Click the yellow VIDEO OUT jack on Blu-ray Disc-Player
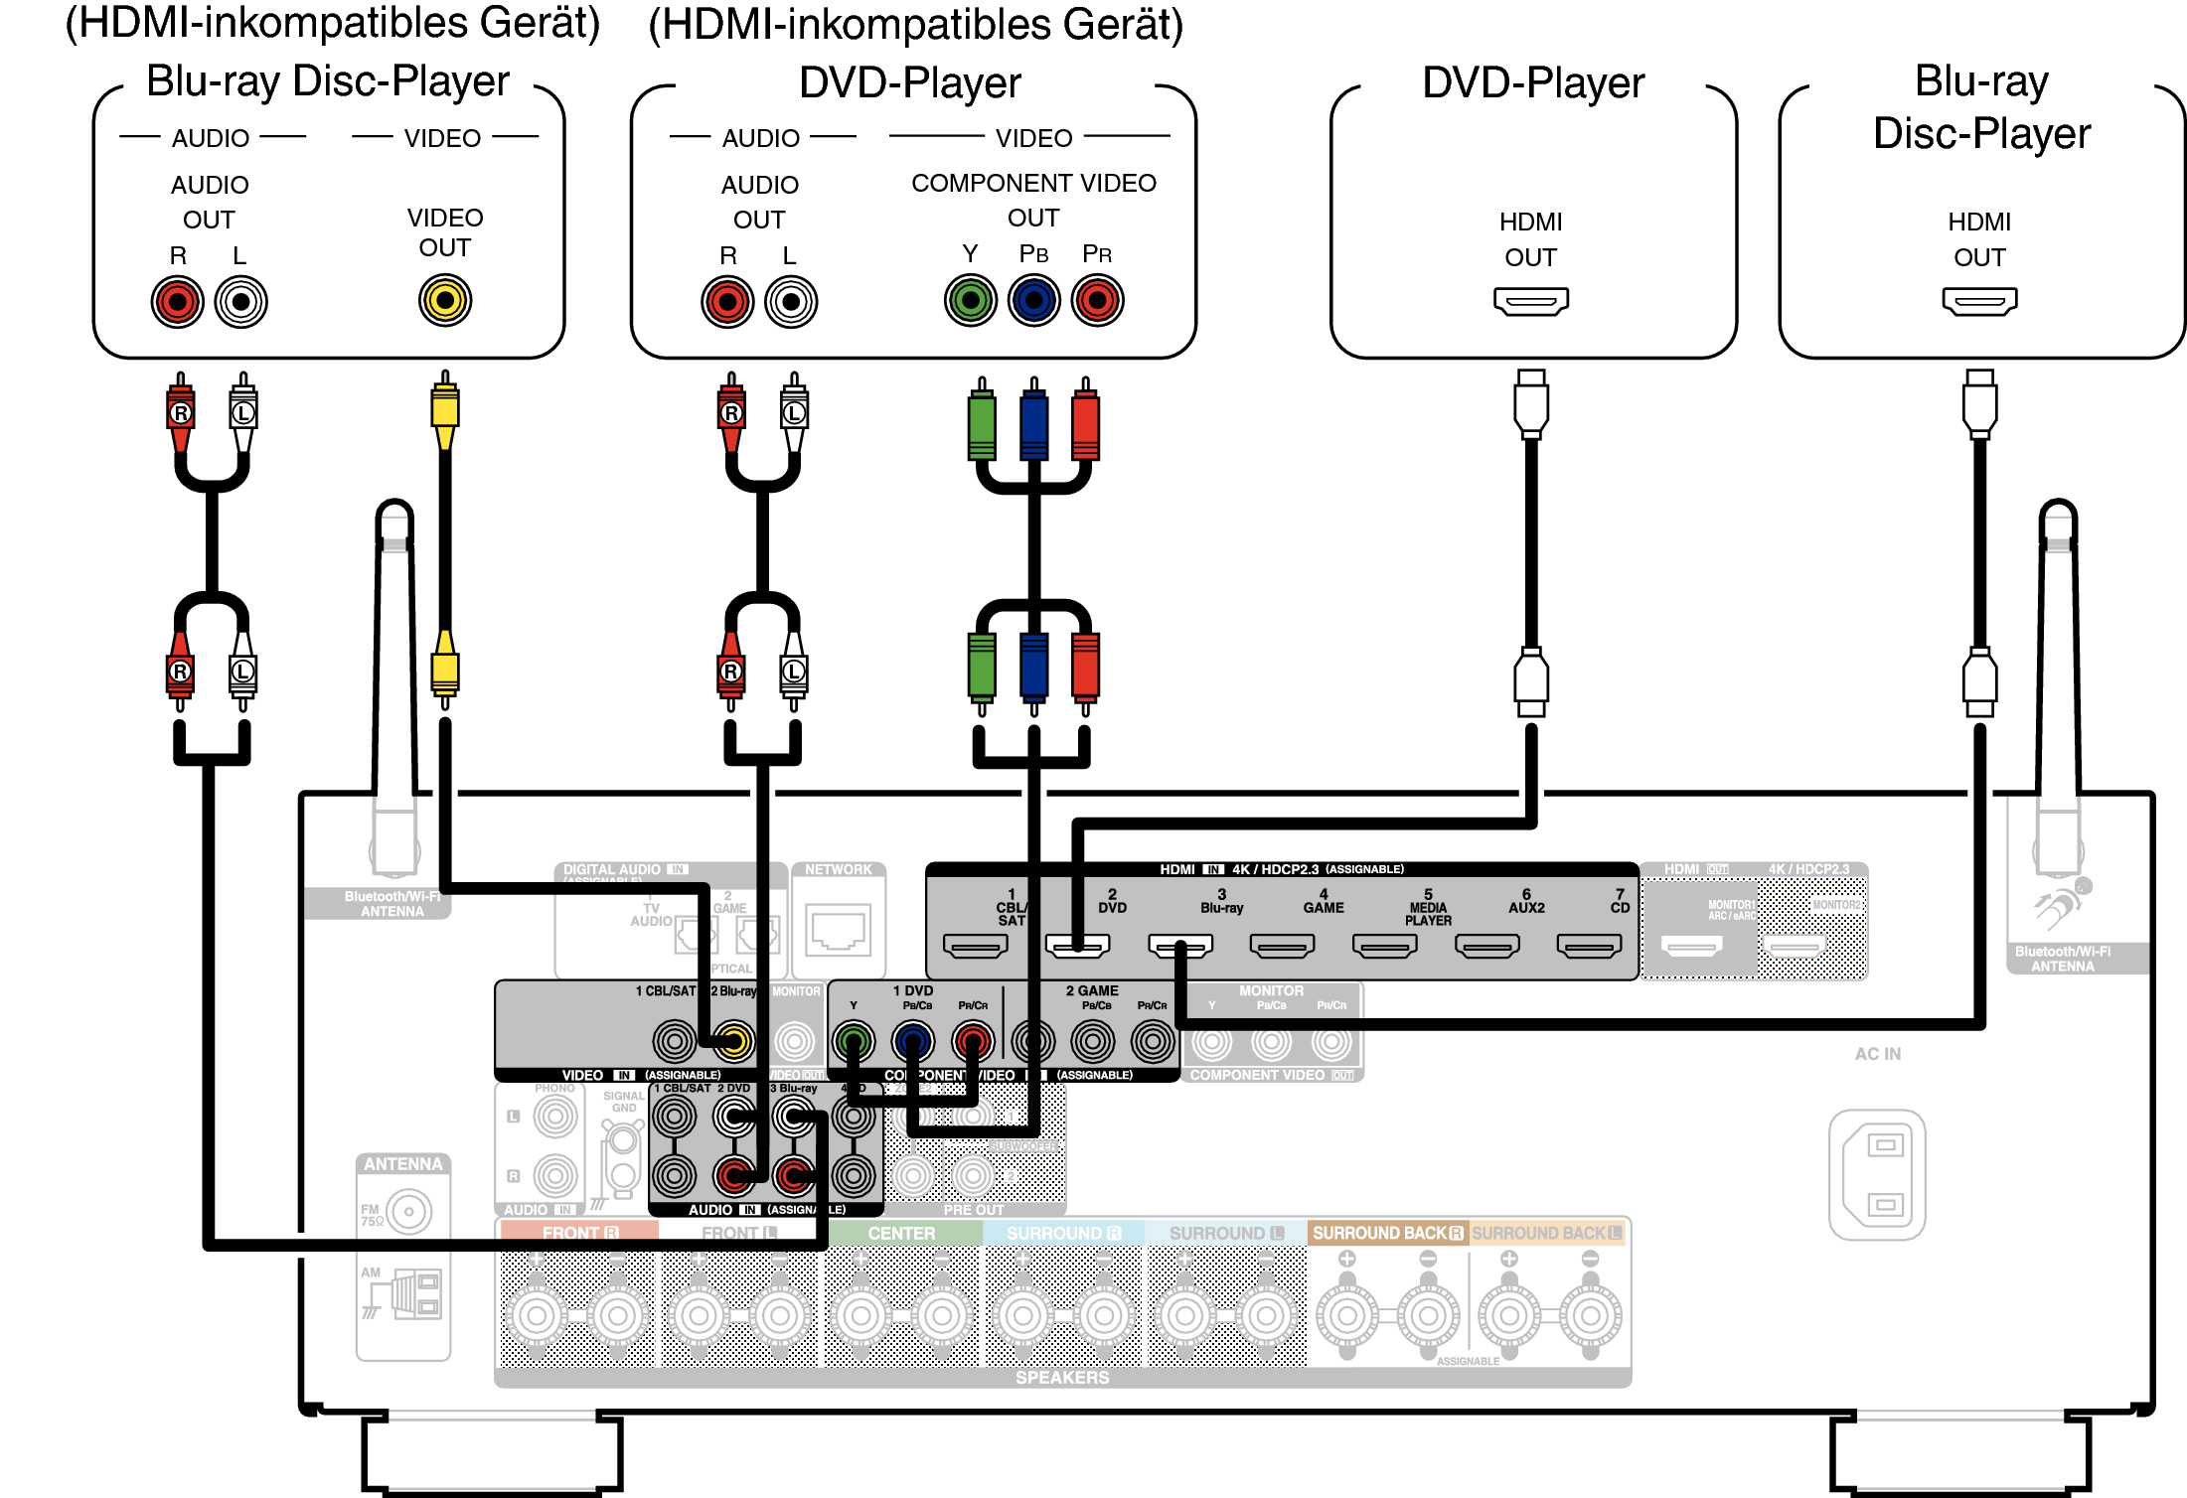tap(444, 300)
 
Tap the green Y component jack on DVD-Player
tap(970, 300)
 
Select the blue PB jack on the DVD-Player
tap(1033, 300)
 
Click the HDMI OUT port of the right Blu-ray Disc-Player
tap(1978, 300)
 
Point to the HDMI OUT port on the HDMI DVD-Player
tap(1530, 300)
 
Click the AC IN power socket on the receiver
tap(1877, 1174)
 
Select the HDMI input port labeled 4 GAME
tap(1282, 946)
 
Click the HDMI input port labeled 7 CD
tap(1589, 946)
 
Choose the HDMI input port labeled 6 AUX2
tap(1486, 946)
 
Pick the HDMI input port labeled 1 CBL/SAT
tap(975, 946)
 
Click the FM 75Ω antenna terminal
tap(408, 1211)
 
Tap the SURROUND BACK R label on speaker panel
tap(1387, 1233)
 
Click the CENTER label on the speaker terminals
tap(901, 1233)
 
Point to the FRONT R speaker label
tap(579, 1233)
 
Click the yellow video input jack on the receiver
tap(733, 1041)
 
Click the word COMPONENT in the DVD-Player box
tap(971, 183)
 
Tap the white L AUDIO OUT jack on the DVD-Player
tap(791, 301)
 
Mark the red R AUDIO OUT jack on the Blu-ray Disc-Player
tap(178, 301)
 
